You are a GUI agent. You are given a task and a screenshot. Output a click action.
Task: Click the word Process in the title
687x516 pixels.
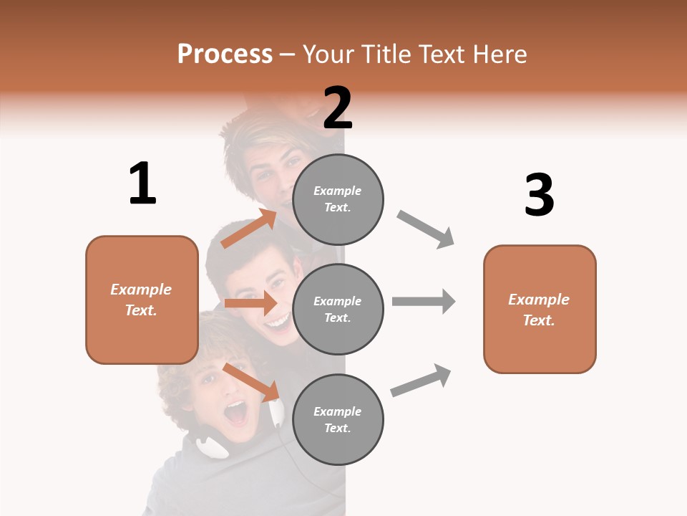tap(225, 54)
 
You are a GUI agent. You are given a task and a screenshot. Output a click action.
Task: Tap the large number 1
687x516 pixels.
tap(142, 184)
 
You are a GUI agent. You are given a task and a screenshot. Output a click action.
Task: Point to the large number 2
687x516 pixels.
tap(338, 108)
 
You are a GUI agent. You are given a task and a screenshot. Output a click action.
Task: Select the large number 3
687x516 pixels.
tap(539, 195)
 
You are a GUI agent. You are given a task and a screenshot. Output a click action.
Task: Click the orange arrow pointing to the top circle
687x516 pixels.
tap(249, 229)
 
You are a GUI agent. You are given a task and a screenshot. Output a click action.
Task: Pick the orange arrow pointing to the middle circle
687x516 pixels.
tap(250, 303)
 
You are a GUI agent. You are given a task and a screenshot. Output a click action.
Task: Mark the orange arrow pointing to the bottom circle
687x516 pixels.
tap(251, 382)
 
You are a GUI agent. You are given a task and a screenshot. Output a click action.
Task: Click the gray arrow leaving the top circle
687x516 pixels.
tap(426, 229)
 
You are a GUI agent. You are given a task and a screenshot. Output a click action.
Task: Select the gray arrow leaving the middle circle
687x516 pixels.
tap(424, 301)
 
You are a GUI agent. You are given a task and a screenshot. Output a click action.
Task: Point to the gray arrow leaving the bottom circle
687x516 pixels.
tap(422, 380)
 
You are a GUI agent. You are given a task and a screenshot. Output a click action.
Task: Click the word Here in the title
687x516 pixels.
tap(501, 54)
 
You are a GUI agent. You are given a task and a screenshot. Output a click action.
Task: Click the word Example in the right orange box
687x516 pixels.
tap(539, 300)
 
